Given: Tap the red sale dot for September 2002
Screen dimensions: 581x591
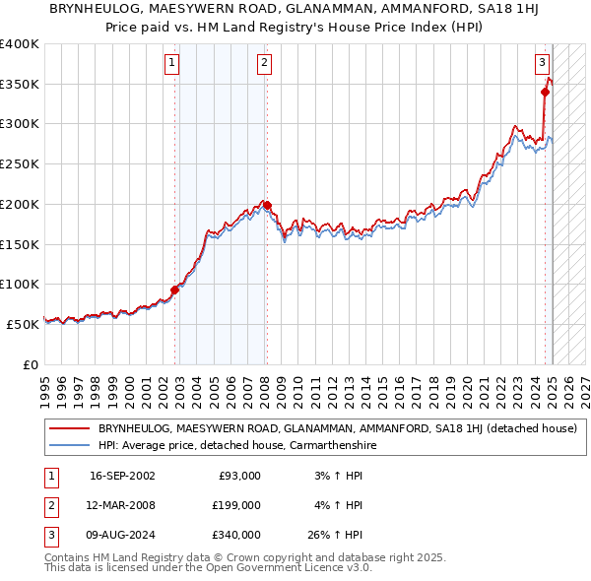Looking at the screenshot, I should click(175, 290).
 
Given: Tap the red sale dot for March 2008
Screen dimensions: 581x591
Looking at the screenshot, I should click(267, 205).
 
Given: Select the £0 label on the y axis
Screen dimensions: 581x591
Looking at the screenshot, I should click(30, 364).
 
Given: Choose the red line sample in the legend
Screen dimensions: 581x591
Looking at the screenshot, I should click(69, 428).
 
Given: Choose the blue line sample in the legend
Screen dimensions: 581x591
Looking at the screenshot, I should click(69, 445).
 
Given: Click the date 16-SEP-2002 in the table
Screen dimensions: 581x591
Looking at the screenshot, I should click(122, 476).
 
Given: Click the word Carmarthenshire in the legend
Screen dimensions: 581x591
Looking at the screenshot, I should click(331, 445).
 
